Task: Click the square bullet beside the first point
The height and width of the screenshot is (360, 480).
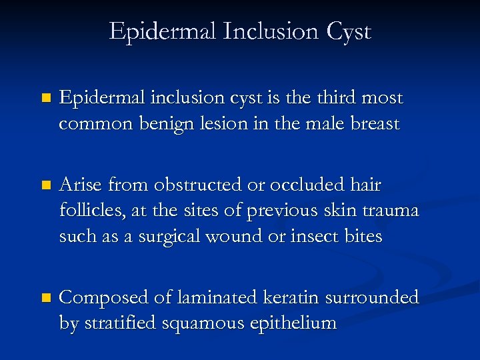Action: [x=45, y=99]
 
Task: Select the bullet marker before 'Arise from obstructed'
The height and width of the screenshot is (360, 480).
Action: [x=45, y=185]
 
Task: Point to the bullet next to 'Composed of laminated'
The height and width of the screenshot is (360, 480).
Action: [x=45, y=297]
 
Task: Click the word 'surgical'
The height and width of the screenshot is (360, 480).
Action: [x=169, y=237]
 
